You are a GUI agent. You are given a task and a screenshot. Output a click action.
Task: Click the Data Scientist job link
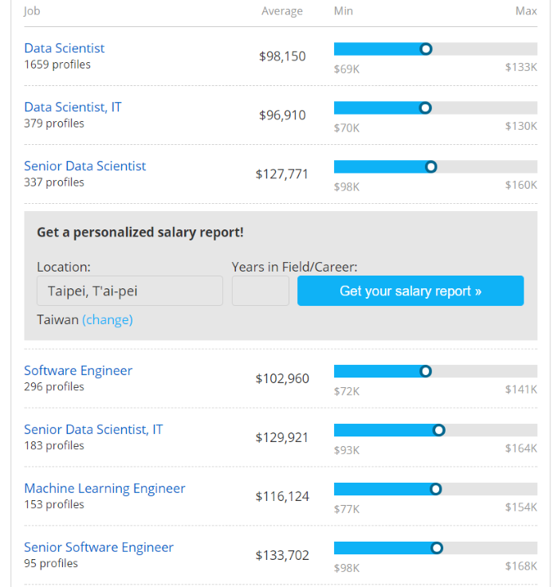tap(64, 49)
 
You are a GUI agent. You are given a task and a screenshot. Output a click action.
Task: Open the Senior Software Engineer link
tap(98, 547)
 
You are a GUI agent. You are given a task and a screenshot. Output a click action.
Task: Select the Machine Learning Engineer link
tap(104, 488)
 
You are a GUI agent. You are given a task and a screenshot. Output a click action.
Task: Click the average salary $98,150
tap(282, 57)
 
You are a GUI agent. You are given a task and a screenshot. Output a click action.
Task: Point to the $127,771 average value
tap(281, 174)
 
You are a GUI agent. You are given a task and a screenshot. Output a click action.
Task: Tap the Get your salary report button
tap(410, 291)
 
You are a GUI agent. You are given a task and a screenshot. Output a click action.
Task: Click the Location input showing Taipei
tap(129, 291)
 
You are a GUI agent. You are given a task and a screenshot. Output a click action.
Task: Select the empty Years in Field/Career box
tap(260, 291)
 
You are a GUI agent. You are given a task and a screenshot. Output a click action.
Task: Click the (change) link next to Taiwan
tap(108, 319)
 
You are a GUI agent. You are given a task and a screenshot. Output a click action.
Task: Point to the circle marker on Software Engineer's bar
tap(426, 371)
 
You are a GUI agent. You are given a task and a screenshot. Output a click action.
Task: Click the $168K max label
tap(521, 567)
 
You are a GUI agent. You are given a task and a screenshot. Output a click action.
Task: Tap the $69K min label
tap(347, 68)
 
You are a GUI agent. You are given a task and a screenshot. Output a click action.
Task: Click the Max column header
tap(526, 11)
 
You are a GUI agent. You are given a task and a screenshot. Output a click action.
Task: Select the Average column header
tap(282, 11)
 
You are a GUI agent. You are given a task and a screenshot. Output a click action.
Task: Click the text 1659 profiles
tap(57, 65)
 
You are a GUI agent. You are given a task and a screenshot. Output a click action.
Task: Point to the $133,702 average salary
tap(281, 555)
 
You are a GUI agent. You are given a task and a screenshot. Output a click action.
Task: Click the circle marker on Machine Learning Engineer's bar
tap(435, 489)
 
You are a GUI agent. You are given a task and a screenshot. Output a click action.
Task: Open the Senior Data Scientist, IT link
tap(93, 429)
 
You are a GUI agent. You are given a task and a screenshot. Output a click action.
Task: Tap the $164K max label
tap(521, 449)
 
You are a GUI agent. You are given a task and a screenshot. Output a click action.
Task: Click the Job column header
tap(32, 11)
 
